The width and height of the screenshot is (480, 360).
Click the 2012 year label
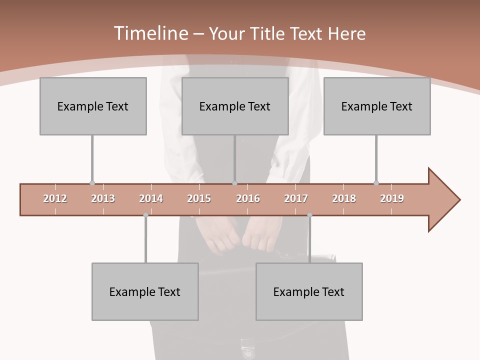tap(55, 198)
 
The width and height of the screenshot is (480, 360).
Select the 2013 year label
tap(103, 198)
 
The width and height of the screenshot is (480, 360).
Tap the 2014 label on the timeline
tap(151, 198)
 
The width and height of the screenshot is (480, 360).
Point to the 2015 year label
tap(199, 198)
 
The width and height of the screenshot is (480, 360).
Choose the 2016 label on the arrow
tap(248, 198)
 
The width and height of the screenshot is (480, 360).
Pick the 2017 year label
tap(296, 198)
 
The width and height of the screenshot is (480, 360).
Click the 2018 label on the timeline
tap(344, 198)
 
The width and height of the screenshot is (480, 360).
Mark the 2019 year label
tap(392, 198)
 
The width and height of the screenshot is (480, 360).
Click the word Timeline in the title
tap(150, 33)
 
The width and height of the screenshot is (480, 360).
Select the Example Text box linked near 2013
tap(93, 106)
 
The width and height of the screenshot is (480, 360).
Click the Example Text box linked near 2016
tap(235, 106)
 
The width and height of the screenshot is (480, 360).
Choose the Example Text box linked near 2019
tap(377, 106)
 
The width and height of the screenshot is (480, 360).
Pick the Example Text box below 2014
tap(145, 291)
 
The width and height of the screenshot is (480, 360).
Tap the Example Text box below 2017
tap(309, 291)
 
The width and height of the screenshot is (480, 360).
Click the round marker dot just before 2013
tap(92, 183)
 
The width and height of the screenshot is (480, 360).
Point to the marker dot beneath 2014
tap(145, 215)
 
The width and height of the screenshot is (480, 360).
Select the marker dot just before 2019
tap(376, 183)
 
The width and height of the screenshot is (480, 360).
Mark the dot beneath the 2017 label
tap(309, 215)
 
